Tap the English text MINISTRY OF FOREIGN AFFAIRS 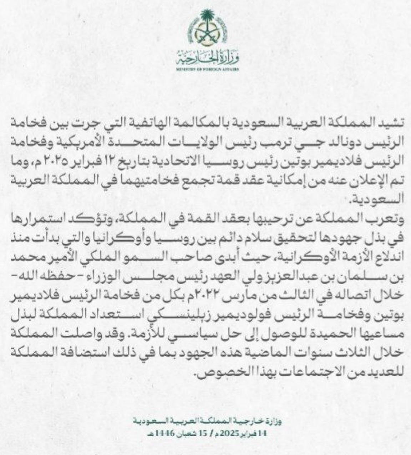tap(207, 69)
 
